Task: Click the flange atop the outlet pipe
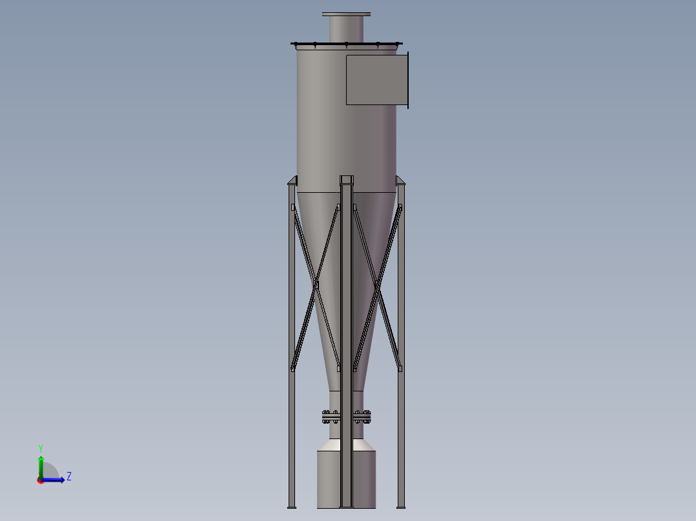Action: point(346,14)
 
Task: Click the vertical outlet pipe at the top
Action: point(346,29)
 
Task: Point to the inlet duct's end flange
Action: point(407,80)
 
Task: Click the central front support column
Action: point(346,322)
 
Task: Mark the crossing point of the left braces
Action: point(316,284)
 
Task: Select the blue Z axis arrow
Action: point(55,480)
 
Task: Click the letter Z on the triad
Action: point(68,477)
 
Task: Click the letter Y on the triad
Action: point(41,447)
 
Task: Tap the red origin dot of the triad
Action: point(41,480)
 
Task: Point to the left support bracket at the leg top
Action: point(292,180)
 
